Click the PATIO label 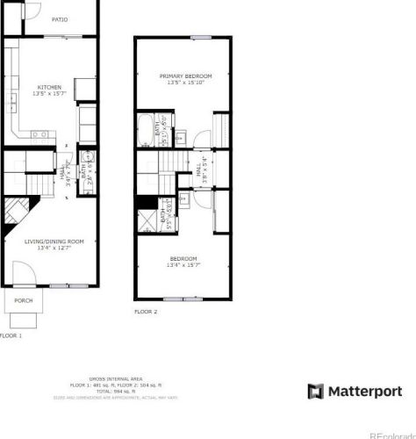click(x=60, y=19)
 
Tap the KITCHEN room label click(x=48, y=87)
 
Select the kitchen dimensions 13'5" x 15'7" click(x=48, y=94)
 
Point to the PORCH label click(x=24, y=300)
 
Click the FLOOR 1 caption click(x=11, y=335)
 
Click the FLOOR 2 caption click(x=146, y=312)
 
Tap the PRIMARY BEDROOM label click(x=185, y=76)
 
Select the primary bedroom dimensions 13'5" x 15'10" click(x=185, y=83)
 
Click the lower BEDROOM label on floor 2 click(x=183, y=258)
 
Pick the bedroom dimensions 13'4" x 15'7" click(x=183, y=265)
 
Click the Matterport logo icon click(x=316, y=391)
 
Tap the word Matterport click(x=364, y=391)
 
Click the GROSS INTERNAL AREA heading click(x=107, y=378)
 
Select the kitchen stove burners click(x=39, y=134)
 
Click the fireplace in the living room click(x=14, y=212)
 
